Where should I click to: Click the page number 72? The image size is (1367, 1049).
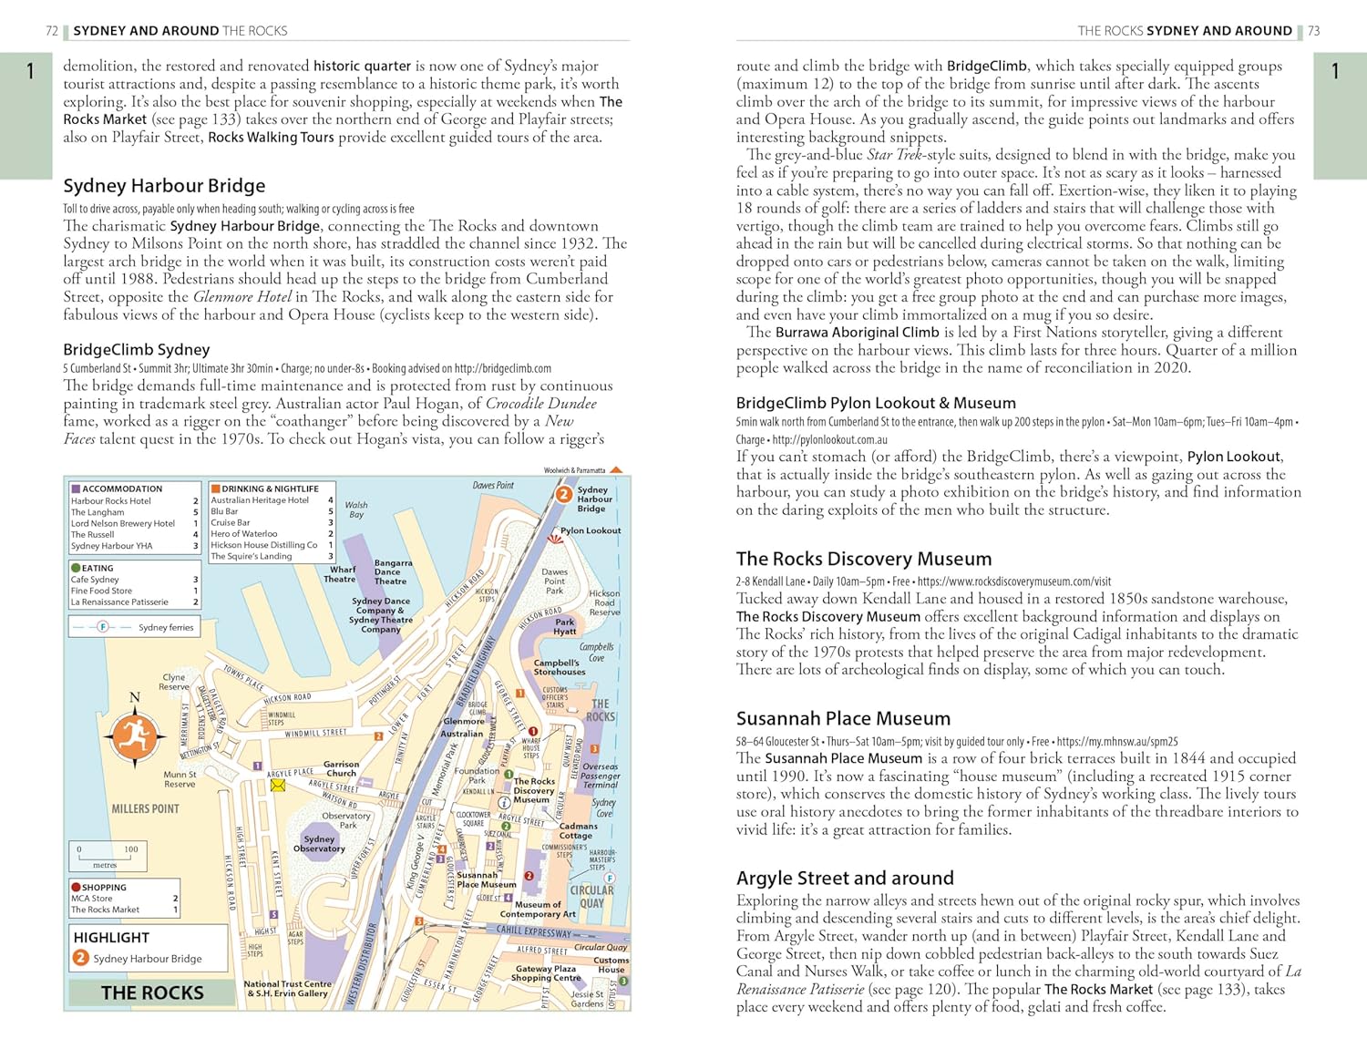(x=52, y=31)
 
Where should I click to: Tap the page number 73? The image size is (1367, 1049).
(x=1313, y=31)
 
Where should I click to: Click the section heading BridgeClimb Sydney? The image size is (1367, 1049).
(x=137, y=349)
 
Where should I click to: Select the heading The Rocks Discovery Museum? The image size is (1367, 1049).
(x=863, y=559)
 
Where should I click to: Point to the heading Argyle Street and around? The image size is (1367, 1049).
(x=845, y=878)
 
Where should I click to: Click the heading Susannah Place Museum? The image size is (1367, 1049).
(x=843, y=718)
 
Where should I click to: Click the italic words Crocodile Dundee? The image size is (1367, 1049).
(x=541, y=404)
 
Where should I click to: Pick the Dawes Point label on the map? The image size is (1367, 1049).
(x=493, y=486)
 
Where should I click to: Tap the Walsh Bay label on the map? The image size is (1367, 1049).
(x=356, y=509)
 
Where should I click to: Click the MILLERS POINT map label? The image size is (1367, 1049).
(x=145, y=808)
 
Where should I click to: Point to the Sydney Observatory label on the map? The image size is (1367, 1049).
(x=319, y=844)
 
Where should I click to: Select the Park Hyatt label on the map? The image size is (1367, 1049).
(x=565, y=627)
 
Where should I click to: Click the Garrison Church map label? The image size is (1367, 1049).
(x=341, y=768)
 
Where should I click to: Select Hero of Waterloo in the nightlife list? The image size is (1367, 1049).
(x=244, y=534)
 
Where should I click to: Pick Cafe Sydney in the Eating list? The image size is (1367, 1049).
(x=95, y=580)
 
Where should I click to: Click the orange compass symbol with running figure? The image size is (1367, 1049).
(x=134, y=736)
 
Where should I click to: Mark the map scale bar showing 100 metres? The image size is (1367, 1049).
(x=106, y=856)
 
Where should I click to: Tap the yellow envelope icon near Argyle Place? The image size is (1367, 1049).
(x=278, y=785)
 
